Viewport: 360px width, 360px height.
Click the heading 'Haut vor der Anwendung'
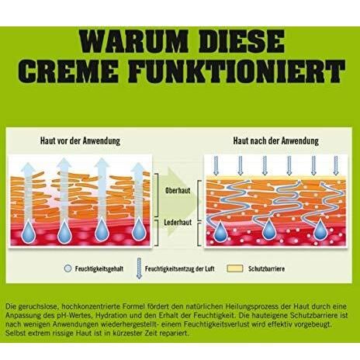[x=80, y=141]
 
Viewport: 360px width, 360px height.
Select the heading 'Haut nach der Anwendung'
[x=276, y=141]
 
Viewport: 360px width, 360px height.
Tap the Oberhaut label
[x=178, y=191]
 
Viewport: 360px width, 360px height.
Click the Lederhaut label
[x=178, y=223]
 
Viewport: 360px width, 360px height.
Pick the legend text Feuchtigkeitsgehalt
[x=99, y=268]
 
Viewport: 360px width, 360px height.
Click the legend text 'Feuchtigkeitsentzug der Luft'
[x=179, y=268]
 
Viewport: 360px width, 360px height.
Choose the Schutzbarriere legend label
[x=266, y=268]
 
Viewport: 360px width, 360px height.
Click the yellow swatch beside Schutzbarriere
[x=235, y=268]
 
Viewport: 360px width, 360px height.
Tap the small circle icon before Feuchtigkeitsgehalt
[x=67, y=268]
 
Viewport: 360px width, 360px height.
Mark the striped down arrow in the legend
[x=139, y=268]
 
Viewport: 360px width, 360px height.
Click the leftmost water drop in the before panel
[x=28, y=232]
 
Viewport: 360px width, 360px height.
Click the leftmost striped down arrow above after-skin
[x=216, y=166]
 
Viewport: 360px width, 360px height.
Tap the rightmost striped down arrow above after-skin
[x=336, y=166]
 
